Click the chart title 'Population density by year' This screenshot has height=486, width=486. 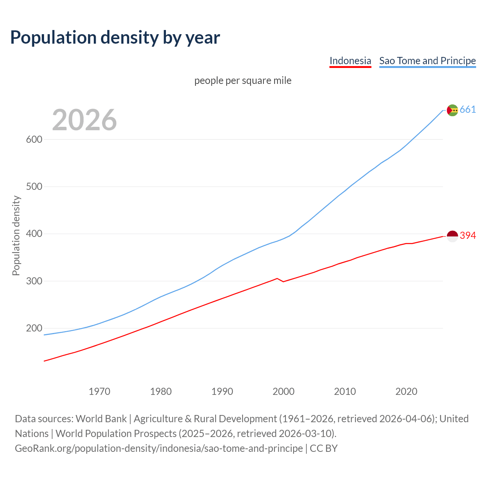tap(115, 37)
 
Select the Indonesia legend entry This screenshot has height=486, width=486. tap(350, 61)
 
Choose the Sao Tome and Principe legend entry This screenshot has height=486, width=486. tap(428, 61)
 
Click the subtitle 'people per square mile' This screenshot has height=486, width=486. tap(243, 80)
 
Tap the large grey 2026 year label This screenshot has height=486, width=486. tap(84, 120)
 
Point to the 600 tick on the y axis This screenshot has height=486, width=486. tap(34, 139)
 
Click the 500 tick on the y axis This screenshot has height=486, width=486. tap(34, 186)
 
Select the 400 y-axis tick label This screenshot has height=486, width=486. tap(34, 234)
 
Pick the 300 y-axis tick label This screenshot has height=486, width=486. tap(34, 281)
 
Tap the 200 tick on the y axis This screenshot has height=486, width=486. tap(34, 328)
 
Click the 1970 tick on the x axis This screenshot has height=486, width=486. tap(99, 391)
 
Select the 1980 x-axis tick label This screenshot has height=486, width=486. tap(161, 391)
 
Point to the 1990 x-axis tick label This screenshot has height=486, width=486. tap(222, 391)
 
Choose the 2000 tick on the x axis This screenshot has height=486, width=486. tap(284, 391)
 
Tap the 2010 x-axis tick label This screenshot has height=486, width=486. tap(345, 391)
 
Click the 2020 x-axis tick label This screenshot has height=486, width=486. tap(406, 391)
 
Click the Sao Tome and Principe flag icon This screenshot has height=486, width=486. tap(452, 110)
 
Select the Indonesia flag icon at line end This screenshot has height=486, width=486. tap(452, 236)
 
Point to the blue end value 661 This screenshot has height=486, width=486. tap(468, 110)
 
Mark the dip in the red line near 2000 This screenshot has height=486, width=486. tap(283, 281)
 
